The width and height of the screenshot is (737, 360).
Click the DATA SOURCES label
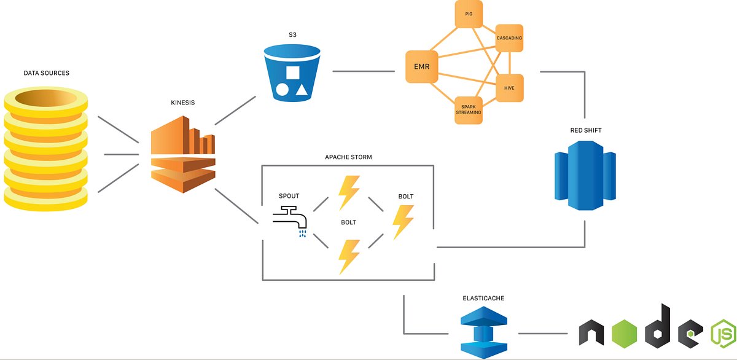click(46, 73)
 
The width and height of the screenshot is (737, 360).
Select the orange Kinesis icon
click(183, 156)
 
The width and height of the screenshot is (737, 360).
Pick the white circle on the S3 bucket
click(282, 90)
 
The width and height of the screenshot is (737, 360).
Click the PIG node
click(469, 14)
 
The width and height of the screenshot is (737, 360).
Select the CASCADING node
click(509, 38)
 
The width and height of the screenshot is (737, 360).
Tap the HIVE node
click(509, 88)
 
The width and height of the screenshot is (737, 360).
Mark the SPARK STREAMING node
click(468, 109)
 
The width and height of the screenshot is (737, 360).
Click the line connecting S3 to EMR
click(363, 71)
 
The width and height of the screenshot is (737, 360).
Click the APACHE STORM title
click(348, 157)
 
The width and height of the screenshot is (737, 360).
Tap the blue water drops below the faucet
click(302, 233)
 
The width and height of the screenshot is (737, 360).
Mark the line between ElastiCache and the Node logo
click(543, 334)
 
